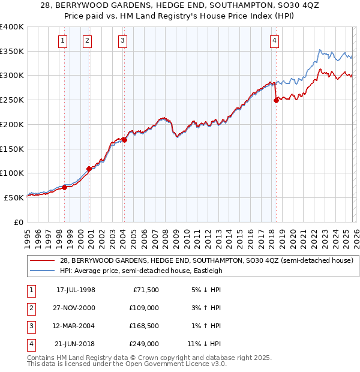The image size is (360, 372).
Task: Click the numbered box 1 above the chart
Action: [x=64, y=41]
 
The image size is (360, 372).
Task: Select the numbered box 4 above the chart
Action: [x=274, y=41]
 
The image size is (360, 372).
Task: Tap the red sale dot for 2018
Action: [x=276, y=101]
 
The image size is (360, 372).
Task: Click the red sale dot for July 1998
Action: [x=64, y=187]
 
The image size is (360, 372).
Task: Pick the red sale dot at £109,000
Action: [x=89, y=169]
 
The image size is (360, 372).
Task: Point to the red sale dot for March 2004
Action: [x=124, y=140]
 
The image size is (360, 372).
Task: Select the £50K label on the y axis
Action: [x=14, y=197]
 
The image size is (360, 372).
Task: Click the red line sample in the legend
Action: [x=43, y=260]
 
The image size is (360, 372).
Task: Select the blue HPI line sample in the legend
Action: [x=43, y=271]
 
